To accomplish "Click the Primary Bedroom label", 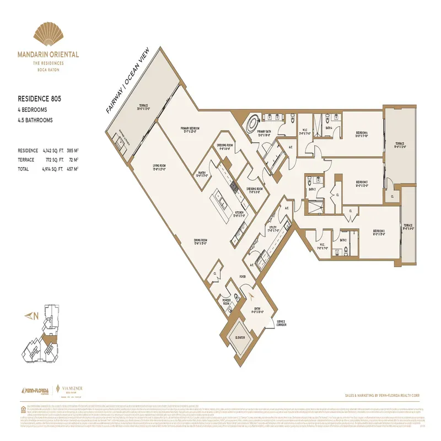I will pos(190,129).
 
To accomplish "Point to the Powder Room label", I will pos(226,302).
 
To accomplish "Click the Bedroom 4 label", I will pos(362,133).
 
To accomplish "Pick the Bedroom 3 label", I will pos(362,182).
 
